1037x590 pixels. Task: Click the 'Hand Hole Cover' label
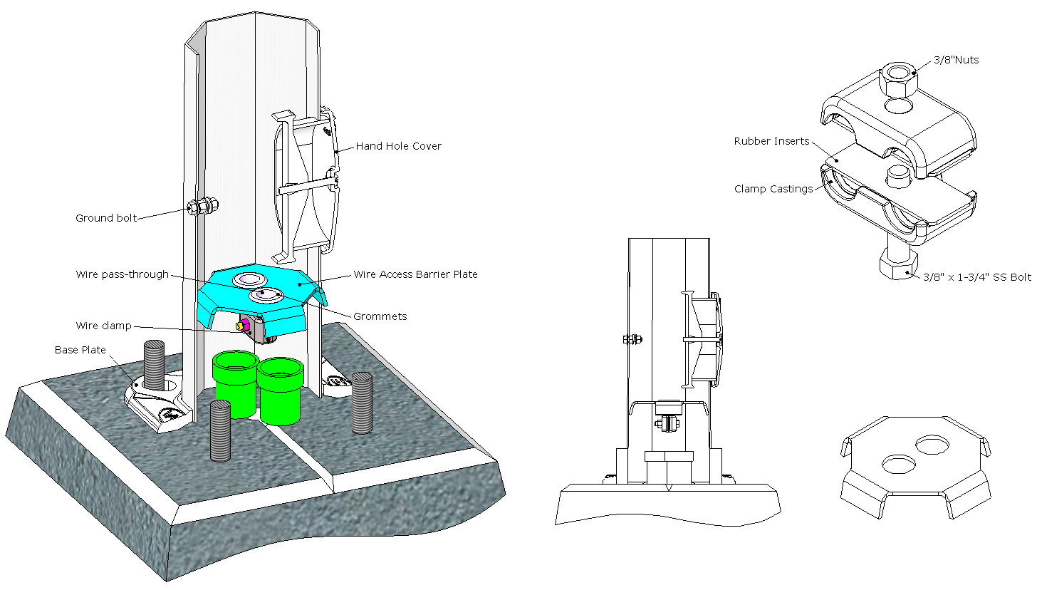398,146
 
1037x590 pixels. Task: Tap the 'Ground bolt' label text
105,218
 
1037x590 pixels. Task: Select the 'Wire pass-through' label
122,274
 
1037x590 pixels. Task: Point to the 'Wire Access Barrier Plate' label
415,274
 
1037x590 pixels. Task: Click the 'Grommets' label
380,316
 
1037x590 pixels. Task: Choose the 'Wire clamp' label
103,326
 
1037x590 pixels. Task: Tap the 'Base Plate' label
80,350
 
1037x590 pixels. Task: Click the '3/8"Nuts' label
955,60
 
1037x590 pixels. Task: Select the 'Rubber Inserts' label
771,141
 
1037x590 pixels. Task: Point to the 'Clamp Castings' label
773,189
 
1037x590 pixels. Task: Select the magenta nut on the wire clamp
243,326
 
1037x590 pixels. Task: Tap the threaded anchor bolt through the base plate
155,364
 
